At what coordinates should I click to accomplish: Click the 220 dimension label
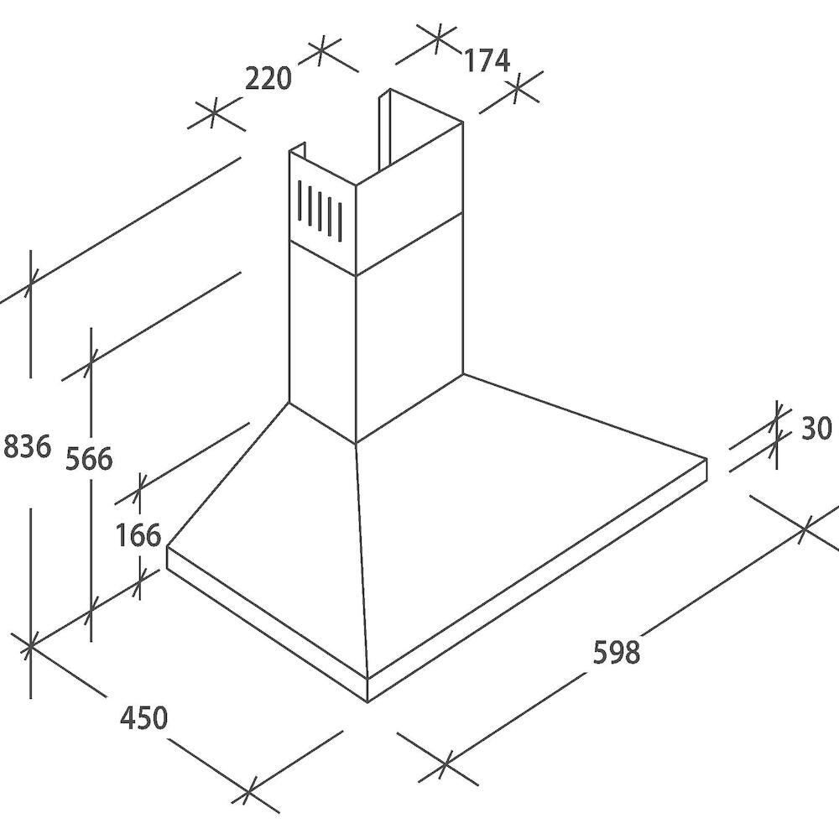tap(268, 79)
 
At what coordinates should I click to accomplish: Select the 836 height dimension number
tap(27, 446)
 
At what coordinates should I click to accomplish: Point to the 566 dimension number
tap(90, 459)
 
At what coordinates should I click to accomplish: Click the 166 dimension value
tap(138, 534)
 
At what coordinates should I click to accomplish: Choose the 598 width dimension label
tap(617, 652)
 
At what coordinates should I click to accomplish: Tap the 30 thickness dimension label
tap(816, 428)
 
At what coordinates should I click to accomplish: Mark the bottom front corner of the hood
tap(368, 702)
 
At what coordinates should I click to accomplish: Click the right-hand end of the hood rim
tap(706, 467)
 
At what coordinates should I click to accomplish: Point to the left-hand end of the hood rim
tap(168, 558)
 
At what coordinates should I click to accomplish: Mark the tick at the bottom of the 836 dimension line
tap(30, 646)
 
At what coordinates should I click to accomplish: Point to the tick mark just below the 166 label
tap(139, 581)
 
